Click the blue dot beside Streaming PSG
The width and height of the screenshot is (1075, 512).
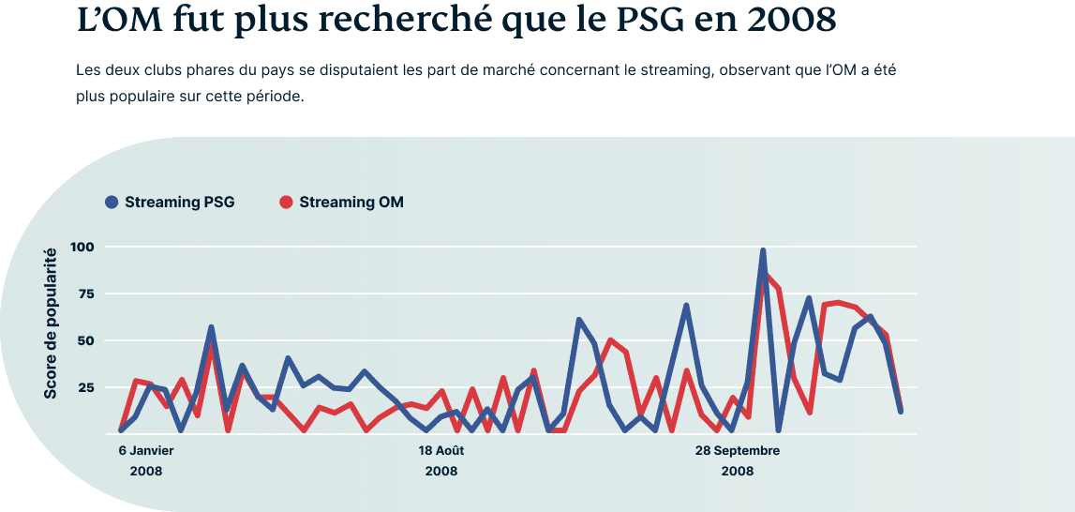point(112,202)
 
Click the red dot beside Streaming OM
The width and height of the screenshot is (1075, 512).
point(287,202)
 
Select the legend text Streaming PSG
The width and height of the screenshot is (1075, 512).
point(179,202)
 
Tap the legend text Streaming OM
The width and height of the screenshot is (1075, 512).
point(351,202)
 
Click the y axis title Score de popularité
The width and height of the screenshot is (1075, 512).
point(51,323)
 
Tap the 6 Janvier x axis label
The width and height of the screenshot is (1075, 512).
point(146,450)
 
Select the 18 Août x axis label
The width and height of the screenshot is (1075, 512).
point(441,450)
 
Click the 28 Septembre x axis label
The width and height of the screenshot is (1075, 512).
point(738,450)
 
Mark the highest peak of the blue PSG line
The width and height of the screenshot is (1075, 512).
point(763,251)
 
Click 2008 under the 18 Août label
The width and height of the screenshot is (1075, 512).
point(441,471)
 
